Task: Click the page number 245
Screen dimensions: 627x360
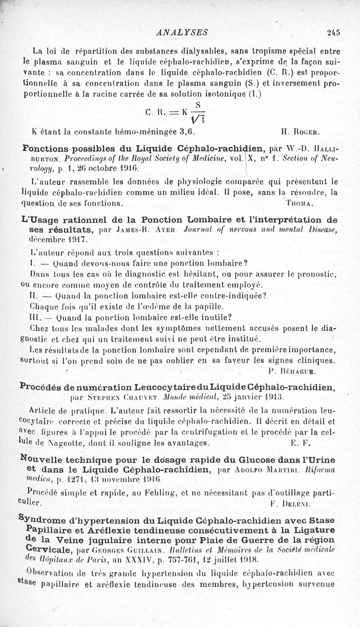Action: pos(333,32)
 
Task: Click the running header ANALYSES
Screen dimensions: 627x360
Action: pos(180,32)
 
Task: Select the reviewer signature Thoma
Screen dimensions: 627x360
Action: pos(299,203)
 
